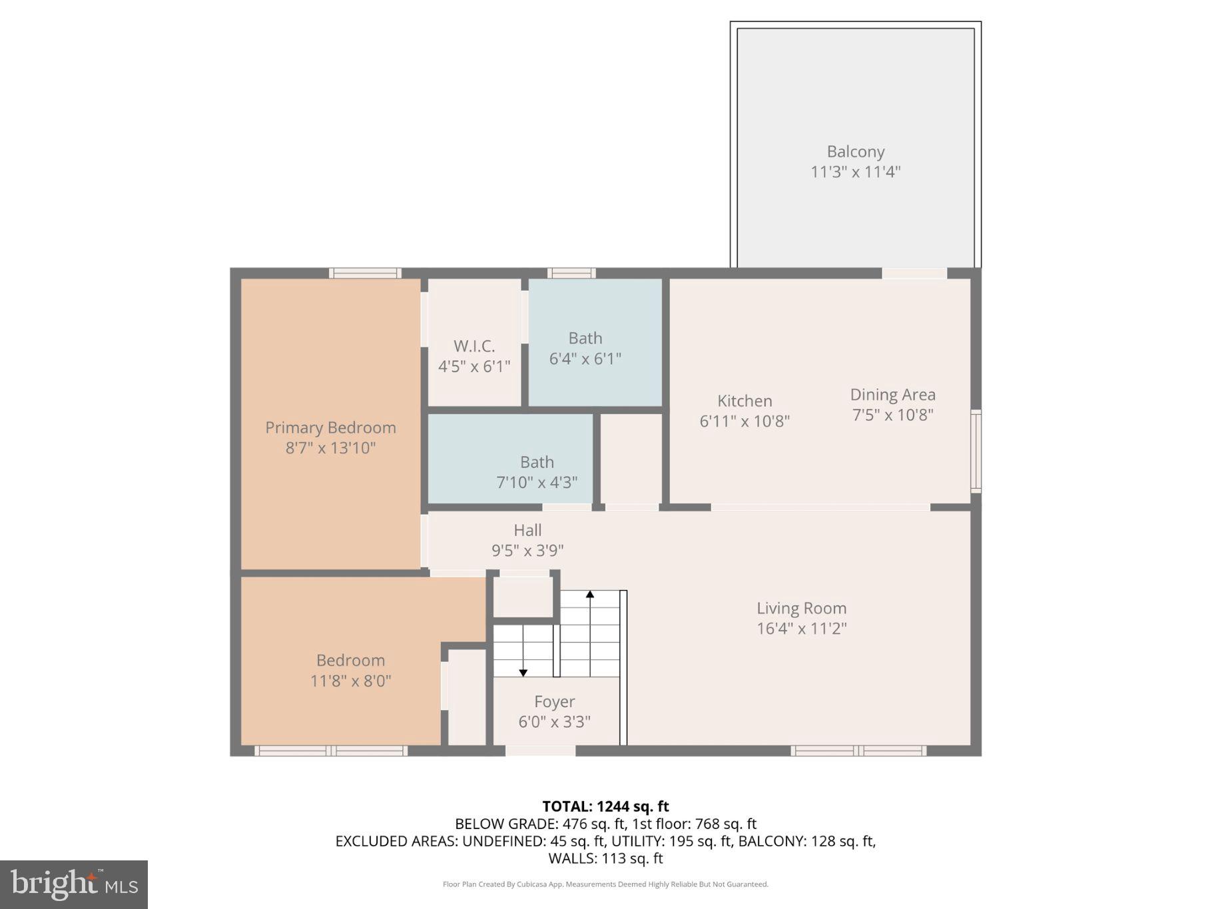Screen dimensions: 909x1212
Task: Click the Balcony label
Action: [855, 152]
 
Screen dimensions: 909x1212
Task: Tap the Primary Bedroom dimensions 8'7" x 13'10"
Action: [330, 448]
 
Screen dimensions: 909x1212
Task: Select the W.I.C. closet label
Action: [474, 346]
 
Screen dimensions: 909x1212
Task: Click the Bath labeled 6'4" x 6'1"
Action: [585, 348]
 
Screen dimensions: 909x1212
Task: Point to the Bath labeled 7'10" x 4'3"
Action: [537, 471]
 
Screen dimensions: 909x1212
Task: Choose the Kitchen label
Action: [745, 401]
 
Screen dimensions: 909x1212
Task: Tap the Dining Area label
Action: [892, 395]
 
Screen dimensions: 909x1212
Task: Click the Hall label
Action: [527, 530]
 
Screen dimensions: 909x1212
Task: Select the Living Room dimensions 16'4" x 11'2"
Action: [801, 628]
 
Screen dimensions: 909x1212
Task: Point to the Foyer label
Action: [554, 701]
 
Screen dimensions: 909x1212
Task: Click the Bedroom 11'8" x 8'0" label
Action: [350, 670]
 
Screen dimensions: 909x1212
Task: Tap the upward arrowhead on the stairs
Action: [589, 594]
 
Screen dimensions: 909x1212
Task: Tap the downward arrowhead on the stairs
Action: [523, 673]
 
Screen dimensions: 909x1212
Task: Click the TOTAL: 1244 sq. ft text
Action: [605, 806]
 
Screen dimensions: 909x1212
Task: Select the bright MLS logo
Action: [74, 884]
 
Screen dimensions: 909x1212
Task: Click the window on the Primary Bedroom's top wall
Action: [365, 273]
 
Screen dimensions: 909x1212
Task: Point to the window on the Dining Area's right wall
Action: [976, 451]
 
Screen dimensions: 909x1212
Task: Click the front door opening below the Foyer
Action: [540, 751]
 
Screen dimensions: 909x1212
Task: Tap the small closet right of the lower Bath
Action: [631, 458]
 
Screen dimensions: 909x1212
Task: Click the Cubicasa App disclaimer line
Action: [605, 884]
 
